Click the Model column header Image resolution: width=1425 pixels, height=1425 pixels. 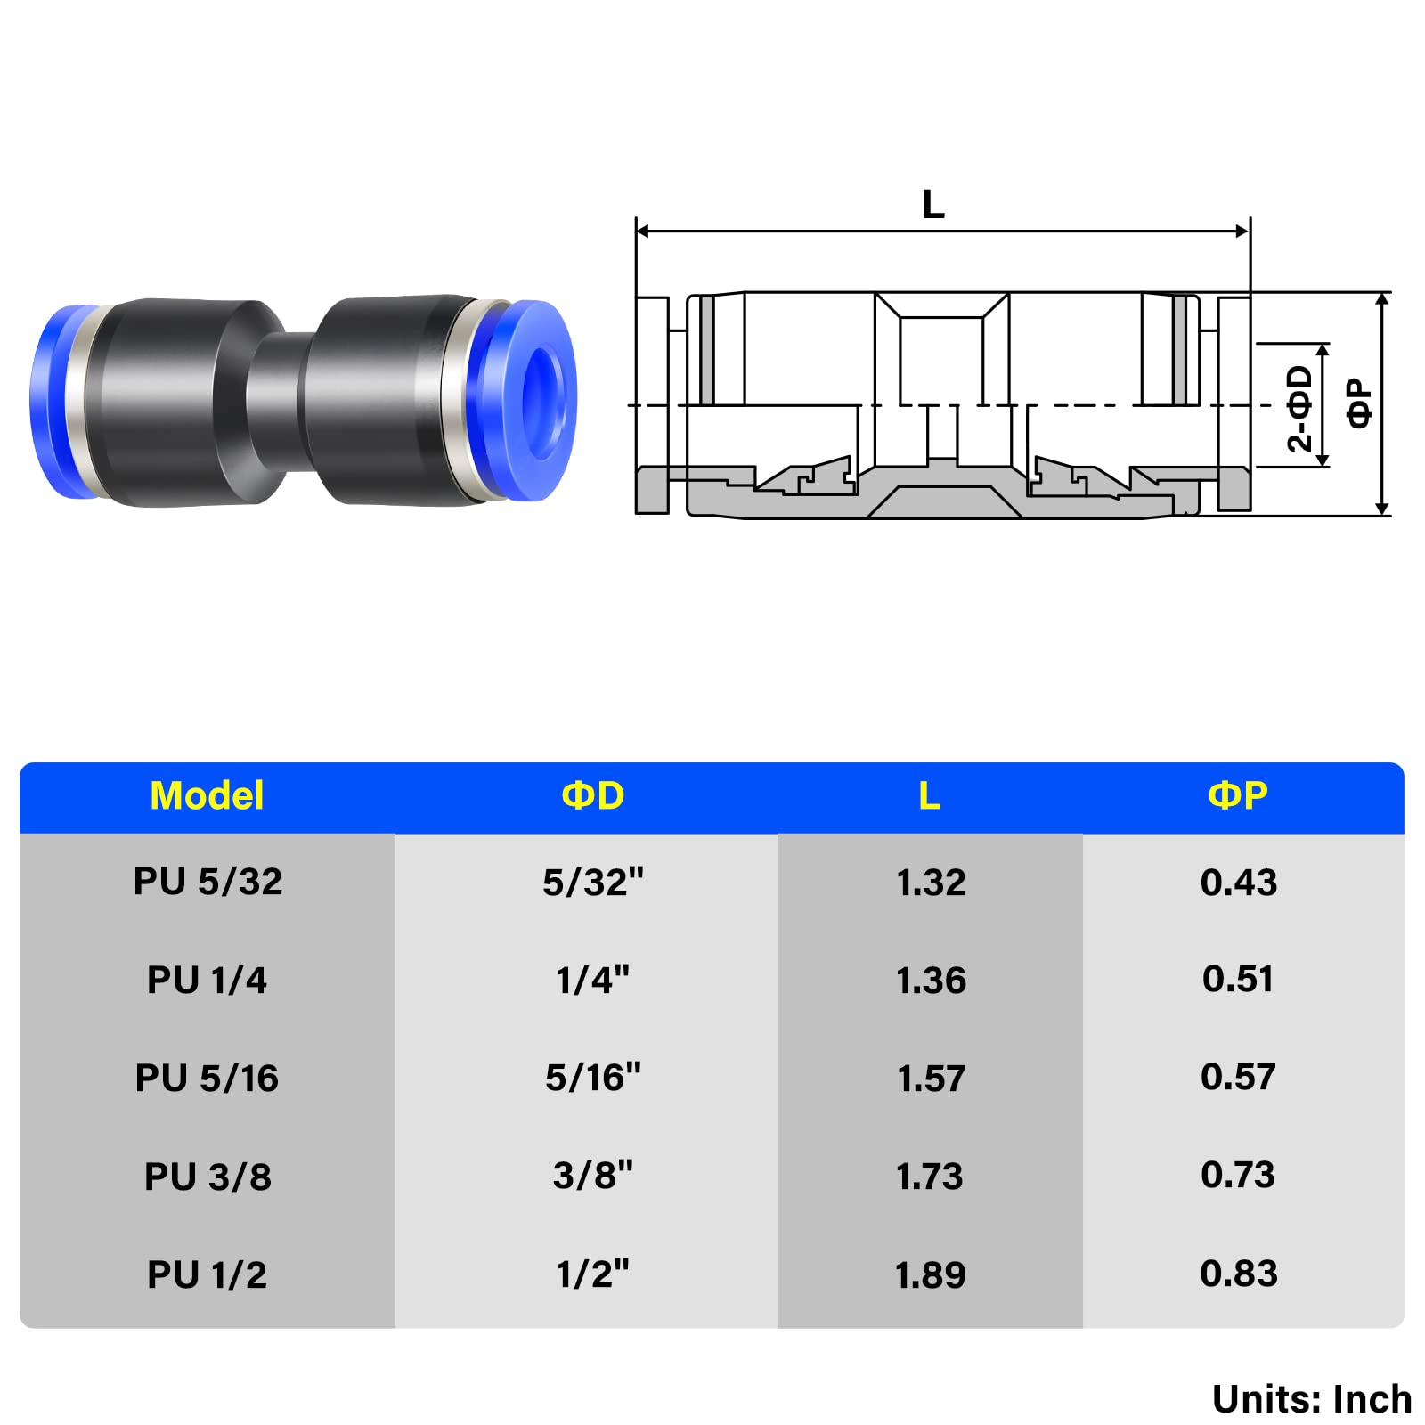point(207,795)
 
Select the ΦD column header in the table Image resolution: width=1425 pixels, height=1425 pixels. point(592,795)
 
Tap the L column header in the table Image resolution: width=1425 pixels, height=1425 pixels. point(929,795)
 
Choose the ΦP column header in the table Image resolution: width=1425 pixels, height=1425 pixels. point(1237,795)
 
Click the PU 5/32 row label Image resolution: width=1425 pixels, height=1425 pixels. point(208,882)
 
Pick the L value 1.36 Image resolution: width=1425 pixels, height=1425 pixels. point(931,981)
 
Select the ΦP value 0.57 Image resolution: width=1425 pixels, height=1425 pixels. point(1238,1078)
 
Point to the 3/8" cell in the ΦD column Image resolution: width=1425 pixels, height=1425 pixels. point(592,1176)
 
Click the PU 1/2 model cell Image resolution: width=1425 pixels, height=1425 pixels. point(207,1274)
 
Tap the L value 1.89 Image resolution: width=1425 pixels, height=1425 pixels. point(931,1274)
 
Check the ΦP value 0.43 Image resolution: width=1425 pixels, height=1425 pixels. point(1238,882)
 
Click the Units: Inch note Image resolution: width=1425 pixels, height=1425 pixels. point(1311,1399)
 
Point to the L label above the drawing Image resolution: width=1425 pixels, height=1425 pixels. point(932,205)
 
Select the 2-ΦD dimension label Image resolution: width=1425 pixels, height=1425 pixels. point(1299,408)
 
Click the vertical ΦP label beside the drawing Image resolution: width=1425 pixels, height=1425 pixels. point(1359,403)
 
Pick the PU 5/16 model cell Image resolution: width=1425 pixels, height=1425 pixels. point(207,1078)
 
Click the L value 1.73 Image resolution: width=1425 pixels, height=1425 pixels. point(929,1177)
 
